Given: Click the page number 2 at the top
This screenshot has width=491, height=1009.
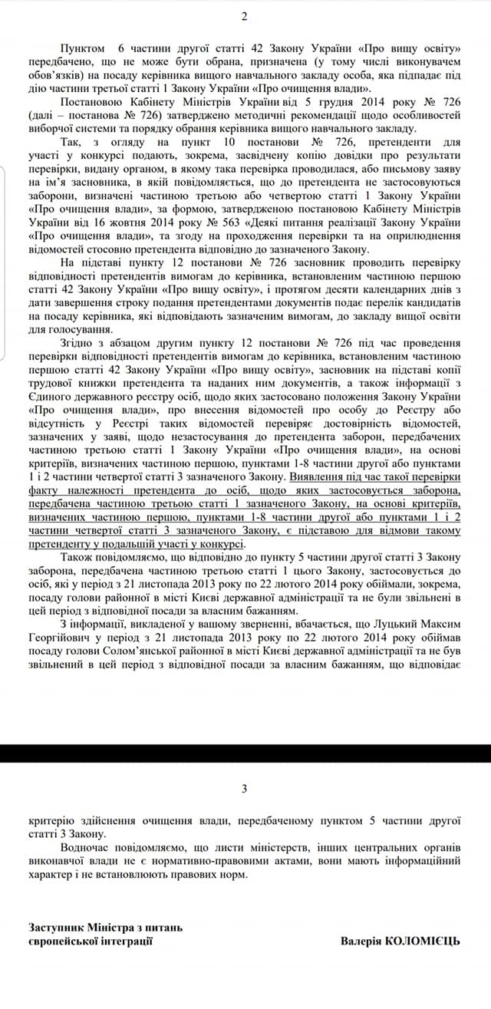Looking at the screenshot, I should coord(245,17).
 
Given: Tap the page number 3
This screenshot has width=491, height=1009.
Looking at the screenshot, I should coord(245,788).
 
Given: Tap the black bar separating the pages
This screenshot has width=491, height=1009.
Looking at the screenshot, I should coord(245,753).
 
